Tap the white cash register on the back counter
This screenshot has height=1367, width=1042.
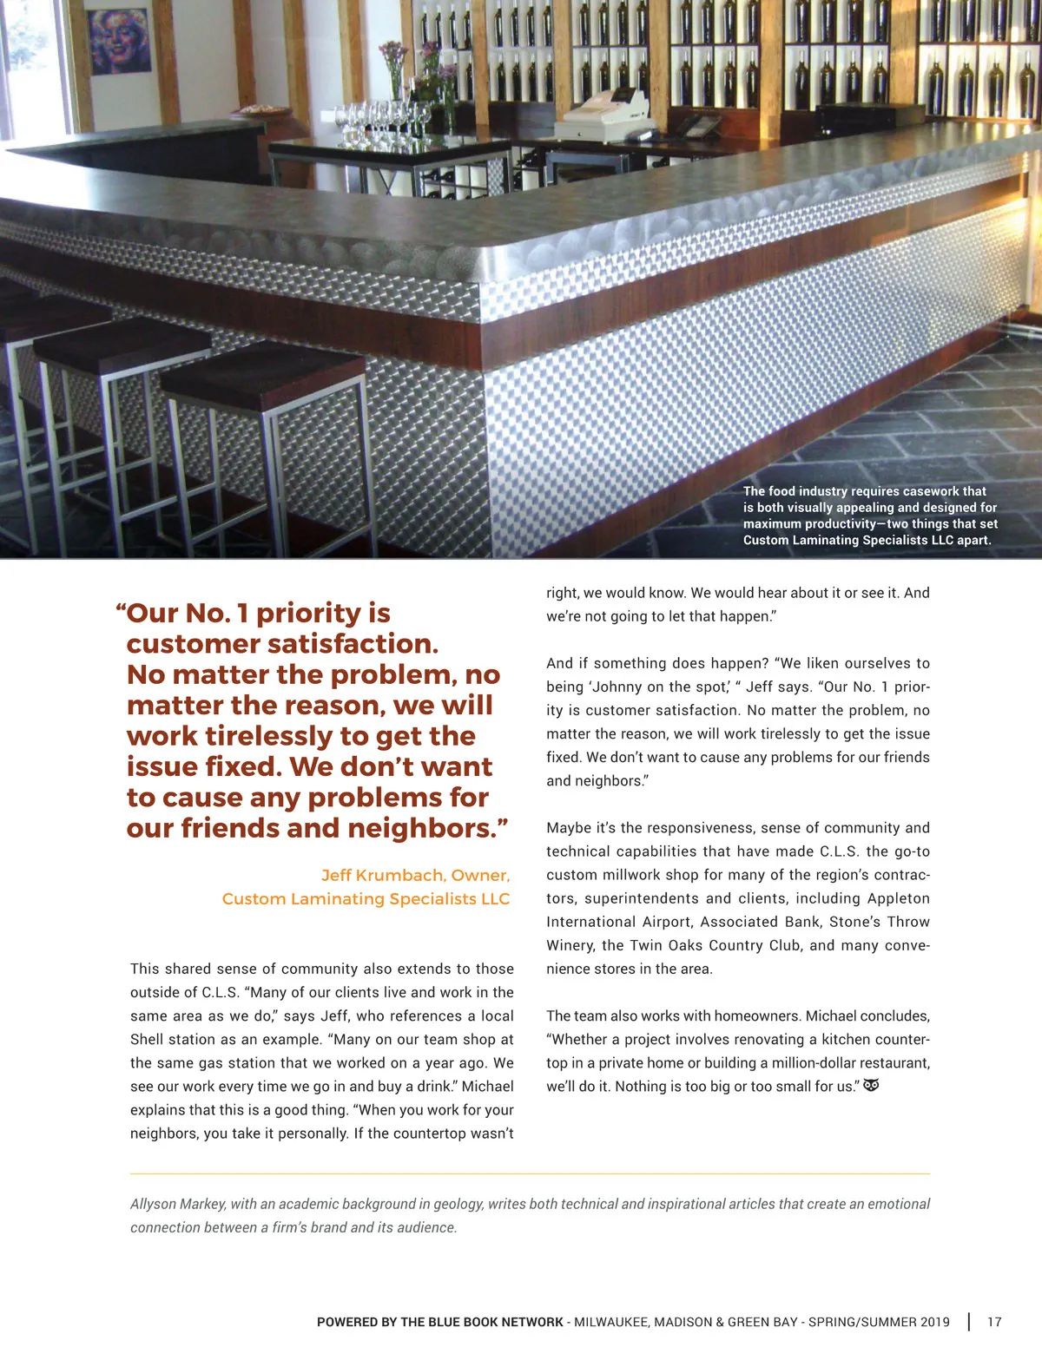(x=603, y=117)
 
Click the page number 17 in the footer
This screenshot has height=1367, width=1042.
(x=994, y=1322)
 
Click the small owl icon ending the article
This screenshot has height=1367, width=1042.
(x=872, y=1085)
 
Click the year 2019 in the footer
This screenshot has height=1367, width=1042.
(x=934, y=1322)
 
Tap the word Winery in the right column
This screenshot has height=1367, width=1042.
(x=570, y=945)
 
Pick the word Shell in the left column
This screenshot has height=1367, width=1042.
(x=147, y=1039)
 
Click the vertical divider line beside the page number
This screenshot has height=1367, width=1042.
(x=969, y=1322)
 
